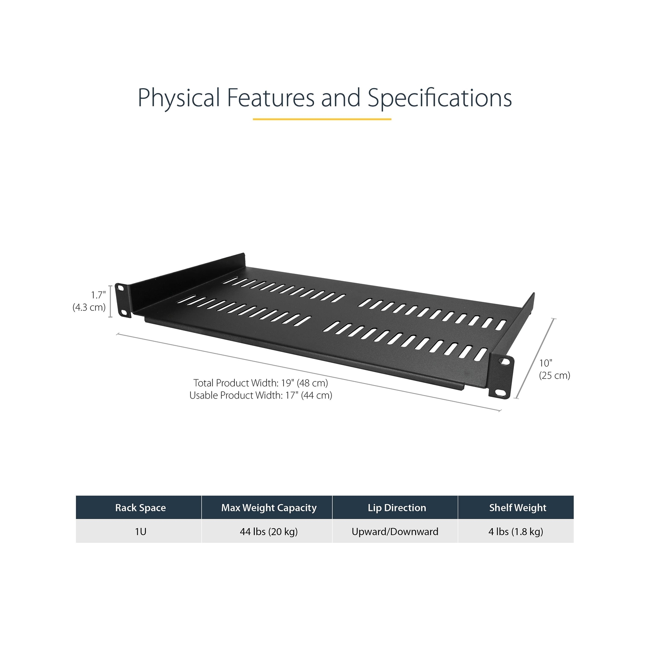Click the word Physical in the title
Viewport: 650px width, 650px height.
tap(179, 98)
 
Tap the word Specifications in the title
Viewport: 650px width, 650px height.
tap(440, 98)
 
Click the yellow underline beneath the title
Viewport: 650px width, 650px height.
tap(322, 119)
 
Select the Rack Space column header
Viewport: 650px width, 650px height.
tap(140, 507)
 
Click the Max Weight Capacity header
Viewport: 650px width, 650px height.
tap(269, 507)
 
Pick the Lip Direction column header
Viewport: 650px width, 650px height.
tap(396, 507)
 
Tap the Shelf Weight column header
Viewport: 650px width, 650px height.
tap(518, 507)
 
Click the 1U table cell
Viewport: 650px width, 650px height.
tap(140, 531)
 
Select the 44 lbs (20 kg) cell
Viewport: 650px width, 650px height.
tap(269, 531)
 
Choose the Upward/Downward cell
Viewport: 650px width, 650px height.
tap(395, 531)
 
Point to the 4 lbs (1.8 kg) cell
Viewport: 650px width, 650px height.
tap(516, 531)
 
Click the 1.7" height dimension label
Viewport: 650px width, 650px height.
tap(98, 295)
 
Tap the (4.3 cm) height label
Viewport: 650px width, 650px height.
tap(89, 307)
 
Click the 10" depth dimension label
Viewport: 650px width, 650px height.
tap(546, 363)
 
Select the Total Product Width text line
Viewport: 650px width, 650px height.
tap(260, 383)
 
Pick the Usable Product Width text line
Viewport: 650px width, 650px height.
tap(260, 395)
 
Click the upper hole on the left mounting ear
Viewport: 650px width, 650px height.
tap(121, 288)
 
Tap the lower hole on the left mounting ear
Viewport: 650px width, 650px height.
tap(122, 312)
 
